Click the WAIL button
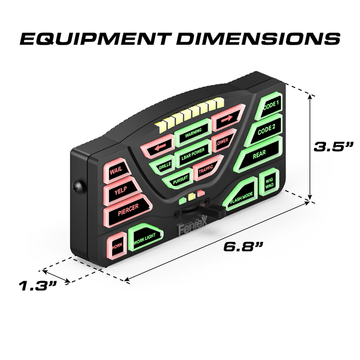pos(116,171)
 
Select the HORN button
pos(116,247)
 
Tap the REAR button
pos(259,156)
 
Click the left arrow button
pos(156,149)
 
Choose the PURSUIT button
pos(177,178)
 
